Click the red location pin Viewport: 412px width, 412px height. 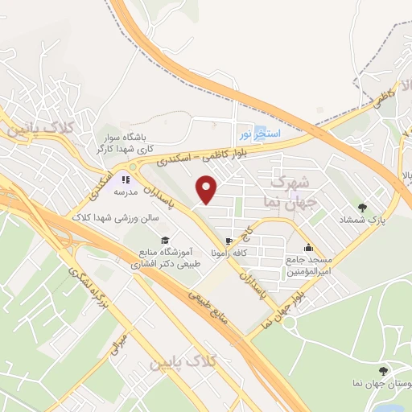click(x=208, y=189)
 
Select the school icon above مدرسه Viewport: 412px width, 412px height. click(x=125, y=179)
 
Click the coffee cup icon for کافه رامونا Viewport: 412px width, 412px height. click(x=231, y=241)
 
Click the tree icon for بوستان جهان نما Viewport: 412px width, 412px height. click(x=381, y=370)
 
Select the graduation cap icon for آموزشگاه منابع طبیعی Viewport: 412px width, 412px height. click(x=164, y=240)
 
